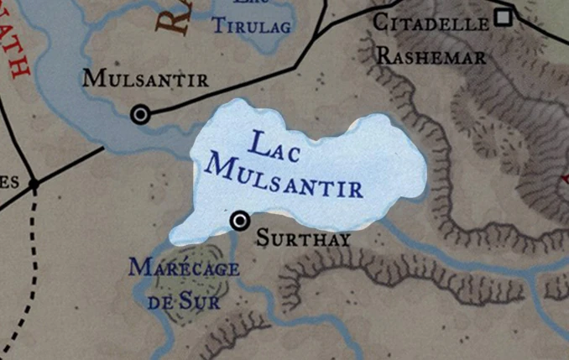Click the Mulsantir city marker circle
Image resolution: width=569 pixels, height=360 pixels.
[x=141, y=114]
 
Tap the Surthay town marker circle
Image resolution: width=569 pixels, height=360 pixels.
[x=240, y=220]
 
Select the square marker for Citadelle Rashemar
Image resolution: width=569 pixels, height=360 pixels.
[x=504, y=16]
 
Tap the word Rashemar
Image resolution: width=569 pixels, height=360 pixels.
[x=431, y=57]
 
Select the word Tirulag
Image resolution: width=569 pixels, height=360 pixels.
[x=252, y=27]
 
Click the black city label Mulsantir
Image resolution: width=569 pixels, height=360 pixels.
[x=145, y=80]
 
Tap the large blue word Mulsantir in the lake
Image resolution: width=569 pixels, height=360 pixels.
[x=285, y=178]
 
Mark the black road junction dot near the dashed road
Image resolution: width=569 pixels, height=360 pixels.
[x=34, y=184]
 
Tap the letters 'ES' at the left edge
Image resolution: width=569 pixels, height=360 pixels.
[x=8, y=183]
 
